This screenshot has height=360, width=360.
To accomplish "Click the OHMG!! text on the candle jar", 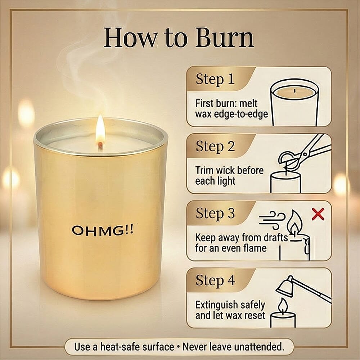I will click(x=103, y=230).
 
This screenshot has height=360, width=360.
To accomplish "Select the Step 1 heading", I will click(x=215, y=79).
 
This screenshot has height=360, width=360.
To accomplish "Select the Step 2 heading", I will click(x=215, y=147).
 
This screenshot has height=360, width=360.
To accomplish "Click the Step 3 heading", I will click(x=215, y=213).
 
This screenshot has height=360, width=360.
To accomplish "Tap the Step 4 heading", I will click(x=215, y=280).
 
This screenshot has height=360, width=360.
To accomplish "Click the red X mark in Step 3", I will click(x=318, y=214).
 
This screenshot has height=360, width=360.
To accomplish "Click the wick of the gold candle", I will click(x=100, y=146).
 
